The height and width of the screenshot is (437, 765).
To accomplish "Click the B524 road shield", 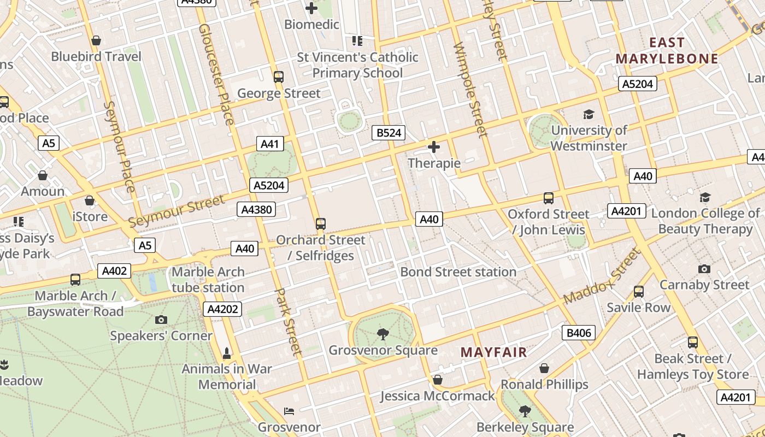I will click(389, 132).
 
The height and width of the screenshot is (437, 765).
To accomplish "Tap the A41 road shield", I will click(269, 144).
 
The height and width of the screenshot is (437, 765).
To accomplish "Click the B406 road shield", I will click(579, 333).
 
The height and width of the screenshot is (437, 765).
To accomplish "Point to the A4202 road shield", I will click(223, 309).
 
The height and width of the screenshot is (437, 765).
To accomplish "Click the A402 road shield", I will click(114, 270).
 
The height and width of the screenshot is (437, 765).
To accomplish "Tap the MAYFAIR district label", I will click(493, 352).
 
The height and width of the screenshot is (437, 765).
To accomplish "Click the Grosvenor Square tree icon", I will click(383, 334).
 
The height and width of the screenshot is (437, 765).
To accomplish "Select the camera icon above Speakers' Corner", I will click(161, 320).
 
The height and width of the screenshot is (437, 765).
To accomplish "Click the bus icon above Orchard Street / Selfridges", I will click(321, 223).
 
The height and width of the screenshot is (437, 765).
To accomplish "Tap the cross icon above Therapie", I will click(434, 147).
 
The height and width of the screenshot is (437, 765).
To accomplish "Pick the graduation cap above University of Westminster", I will click(589, 114).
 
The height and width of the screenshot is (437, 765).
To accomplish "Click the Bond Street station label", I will click(458, 271).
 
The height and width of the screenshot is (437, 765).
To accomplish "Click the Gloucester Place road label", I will click(217, 74).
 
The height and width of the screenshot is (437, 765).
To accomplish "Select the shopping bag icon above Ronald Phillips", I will click(544, 368).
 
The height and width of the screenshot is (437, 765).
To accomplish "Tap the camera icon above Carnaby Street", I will click(704, 269).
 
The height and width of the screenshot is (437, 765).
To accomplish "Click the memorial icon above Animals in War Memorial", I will click(227, 353).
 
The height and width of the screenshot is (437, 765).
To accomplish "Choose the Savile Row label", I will click(638, 308).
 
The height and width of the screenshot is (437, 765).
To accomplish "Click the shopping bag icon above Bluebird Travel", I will click(96, 40).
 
